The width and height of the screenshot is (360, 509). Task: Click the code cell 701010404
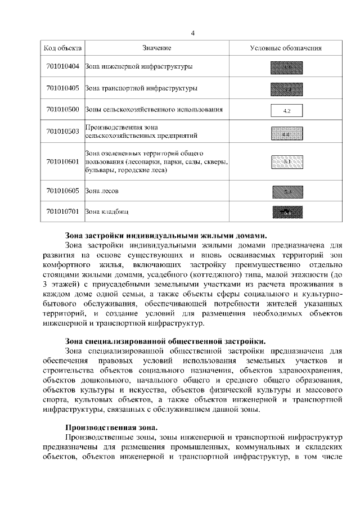point(63,67)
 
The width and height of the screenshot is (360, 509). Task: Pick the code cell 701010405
point(63,88)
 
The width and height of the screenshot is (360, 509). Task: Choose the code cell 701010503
point(63,132)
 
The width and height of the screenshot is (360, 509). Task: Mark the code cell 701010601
point(63,161)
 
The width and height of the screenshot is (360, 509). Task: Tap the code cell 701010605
point(63,191)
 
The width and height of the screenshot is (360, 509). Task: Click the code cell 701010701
point(63,212)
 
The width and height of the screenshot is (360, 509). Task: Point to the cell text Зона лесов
point(102,191)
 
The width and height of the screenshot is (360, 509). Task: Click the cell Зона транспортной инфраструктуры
point(141,88)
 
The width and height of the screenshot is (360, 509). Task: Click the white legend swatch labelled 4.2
point(286,110)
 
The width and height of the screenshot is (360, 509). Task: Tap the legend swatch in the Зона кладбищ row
point(286,213)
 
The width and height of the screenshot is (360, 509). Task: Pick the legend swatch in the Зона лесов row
point(286,192)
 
